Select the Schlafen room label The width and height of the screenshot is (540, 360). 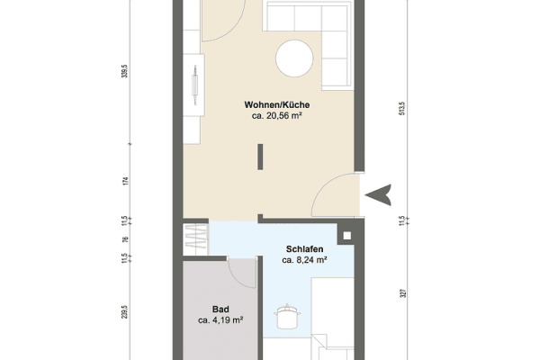[x=305, y=248]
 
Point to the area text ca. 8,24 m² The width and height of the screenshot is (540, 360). [x=304, y=260]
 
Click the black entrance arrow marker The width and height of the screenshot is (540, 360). [x=382, y=193]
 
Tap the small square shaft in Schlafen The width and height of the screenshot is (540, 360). [x=346, y=238]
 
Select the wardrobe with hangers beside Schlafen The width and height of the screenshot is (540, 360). [x=195, y=239]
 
